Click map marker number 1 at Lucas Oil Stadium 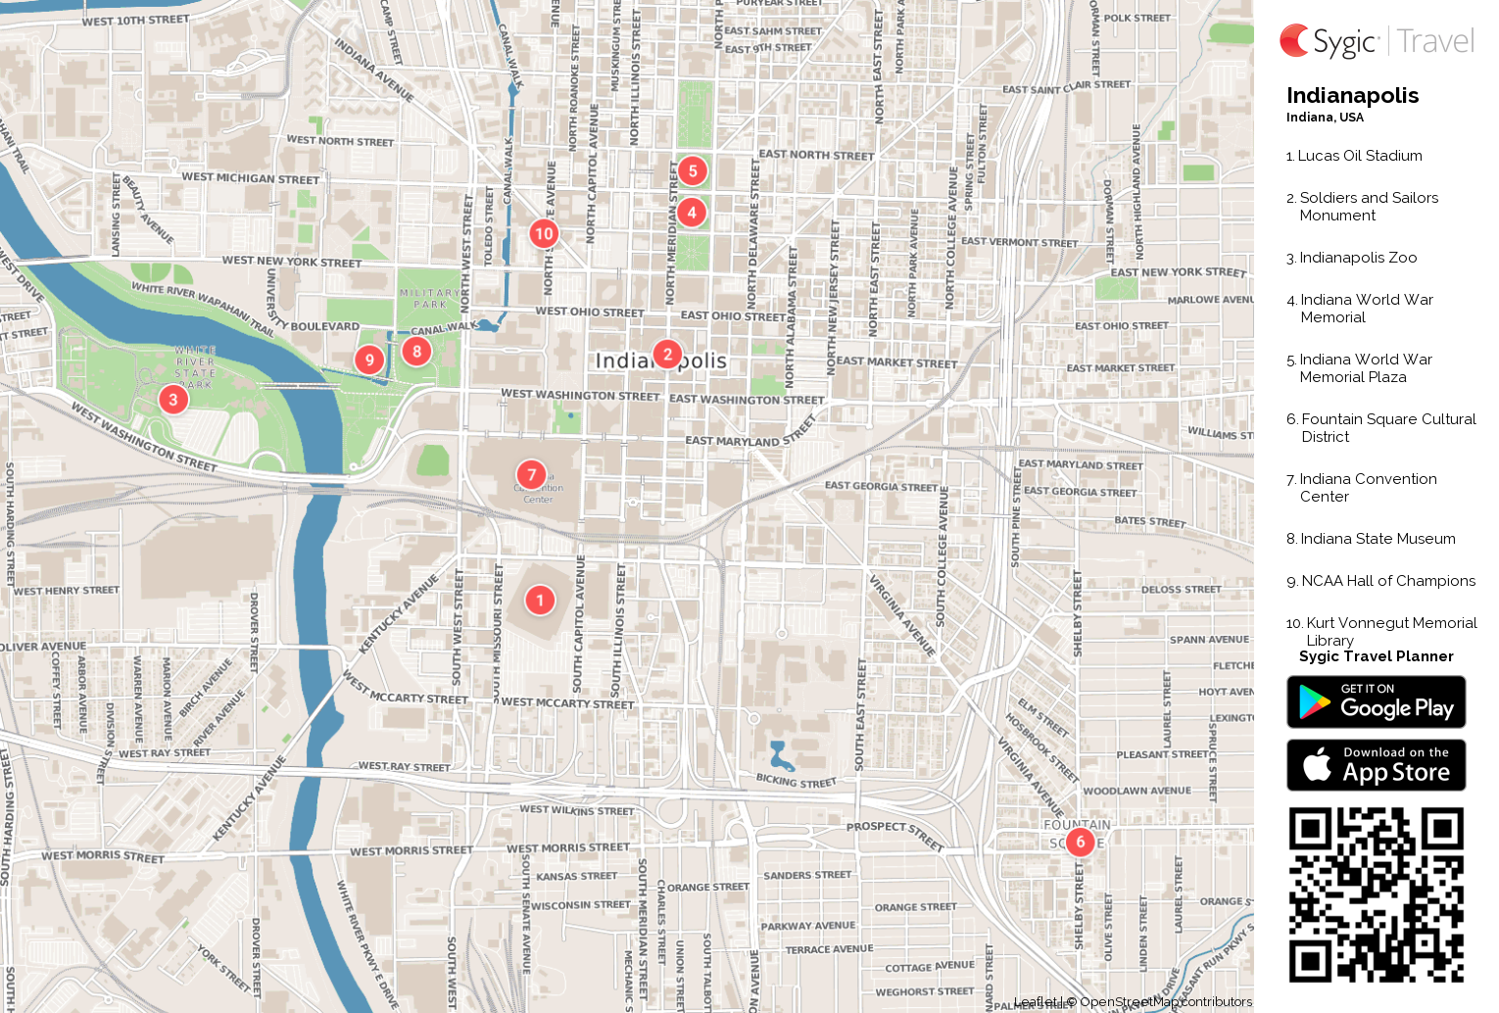tap(540, 601)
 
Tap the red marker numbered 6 tap(1080, 842)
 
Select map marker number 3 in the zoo tap(173, 399)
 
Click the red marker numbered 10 tap(544, 233)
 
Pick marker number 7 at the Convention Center tap(531, 475)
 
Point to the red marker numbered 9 tap(369, 360)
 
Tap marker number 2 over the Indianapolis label tap(667, 354)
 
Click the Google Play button tap(1376, 702)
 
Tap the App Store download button tap(1376, 765)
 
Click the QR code tap(1376, 894)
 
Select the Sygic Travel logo tap(1376, 41)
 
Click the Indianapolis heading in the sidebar tap(1352, 95)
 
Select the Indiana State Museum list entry tap(1378, 539)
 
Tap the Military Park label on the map tap(429, 299)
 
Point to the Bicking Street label tap(797, 781)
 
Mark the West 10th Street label tap(136, 21)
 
